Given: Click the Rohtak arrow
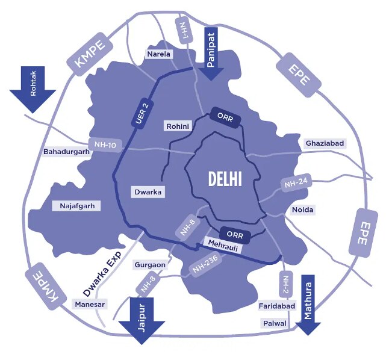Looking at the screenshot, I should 33,88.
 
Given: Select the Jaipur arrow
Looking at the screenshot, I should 142,320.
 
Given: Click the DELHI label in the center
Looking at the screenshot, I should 225,178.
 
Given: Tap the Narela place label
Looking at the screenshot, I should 160,54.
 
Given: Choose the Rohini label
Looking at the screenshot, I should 178,126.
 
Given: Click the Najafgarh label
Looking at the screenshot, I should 77,206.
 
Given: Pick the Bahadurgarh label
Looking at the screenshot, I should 66,152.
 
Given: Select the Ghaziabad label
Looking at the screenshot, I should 325,143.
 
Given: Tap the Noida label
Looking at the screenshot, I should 303,209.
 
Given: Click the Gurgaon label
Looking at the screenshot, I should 150,265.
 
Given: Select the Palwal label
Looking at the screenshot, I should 275,323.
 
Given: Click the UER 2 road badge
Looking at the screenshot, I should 141,112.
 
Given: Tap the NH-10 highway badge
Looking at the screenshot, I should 105,144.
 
